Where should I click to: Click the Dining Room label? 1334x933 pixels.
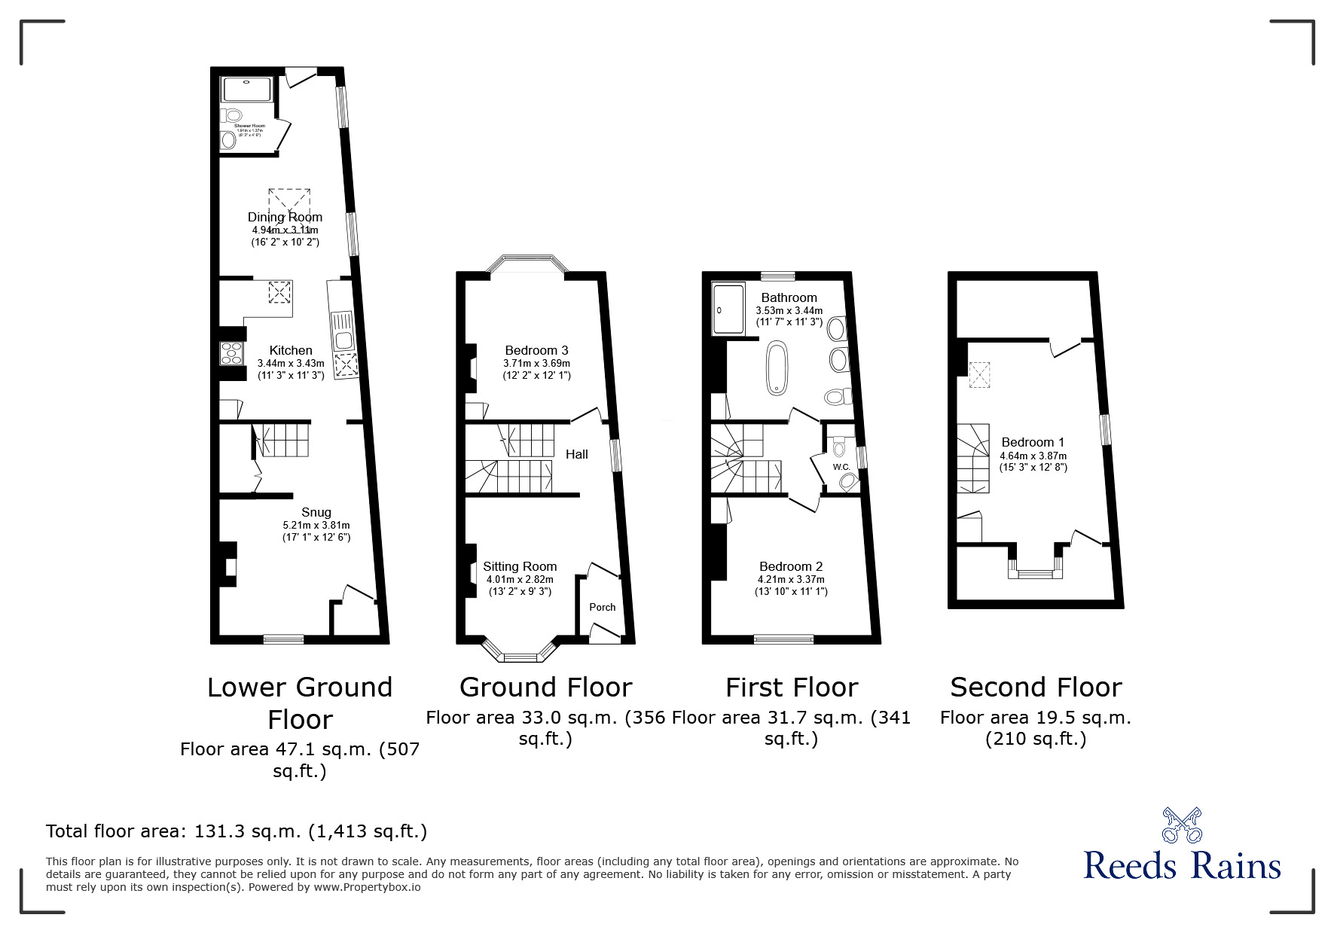285,217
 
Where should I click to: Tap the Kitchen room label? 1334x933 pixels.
291,350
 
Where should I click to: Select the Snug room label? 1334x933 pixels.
316,512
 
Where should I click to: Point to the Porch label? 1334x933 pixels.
602,607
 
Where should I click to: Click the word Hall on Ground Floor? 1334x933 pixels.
577,454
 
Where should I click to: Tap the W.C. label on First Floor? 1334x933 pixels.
841,468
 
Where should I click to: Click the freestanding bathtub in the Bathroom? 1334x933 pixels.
777,367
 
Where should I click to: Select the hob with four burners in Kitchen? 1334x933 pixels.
231,353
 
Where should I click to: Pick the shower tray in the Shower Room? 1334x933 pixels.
246,89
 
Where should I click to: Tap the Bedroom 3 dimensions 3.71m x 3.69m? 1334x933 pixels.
536,363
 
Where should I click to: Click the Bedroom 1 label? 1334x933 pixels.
1033,442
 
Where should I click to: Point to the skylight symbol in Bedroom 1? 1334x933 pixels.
979,375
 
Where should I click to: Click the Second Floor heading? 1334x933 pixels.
1036,687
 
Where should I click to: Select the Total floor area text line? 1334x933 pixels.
237,831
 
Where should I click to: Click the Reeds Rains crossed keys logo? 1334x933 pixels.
1181,825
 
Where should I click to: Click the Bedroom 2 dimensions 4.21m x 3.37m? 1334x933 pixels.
791,579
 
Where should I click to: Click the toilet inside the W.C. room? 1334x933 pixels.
839,446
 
